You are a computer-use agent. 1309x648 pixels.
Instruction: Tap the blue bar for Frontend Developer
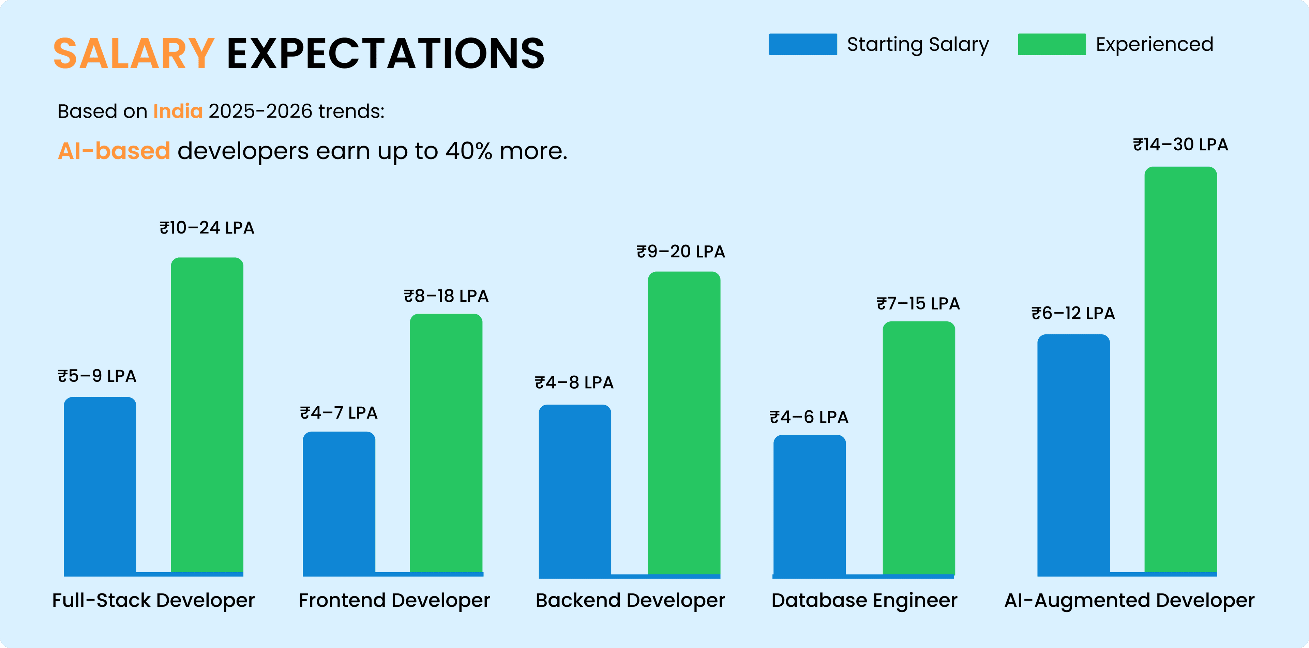(x=339, y=503)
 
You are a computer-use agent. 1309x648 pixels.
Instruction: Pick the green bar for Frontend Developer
(x=446, y=442)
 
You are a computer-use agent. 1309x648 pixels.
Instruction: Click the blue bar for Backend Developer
(x=575, y=491)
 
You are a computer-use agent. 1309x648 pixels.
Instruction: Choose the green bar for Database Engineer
(x=919, y=447)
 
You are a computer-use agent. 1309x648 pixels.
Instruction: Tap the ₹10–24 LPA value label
(x=207, y=228)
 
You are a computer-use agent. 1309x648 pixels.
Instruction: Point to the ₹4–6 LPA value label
(x=809, y=417)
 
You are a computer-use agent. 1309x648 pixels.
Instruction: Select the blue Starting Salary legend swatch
(x=803, y=44)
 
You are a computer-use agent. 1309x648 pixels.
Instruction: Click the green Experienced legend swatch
(x=1052, y=44)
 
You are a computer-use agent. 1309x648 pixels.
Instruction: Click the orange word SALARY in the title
(x=134, y=54)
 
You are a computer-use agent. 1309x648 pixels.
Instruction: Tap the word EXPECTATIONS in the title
(x=385, y=54)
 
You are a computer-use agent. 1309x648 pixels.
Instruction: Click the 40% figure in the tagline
(x=468, y=151)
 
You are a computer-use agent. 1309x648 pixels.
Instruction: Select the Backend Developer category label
(x=630, y=600)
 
